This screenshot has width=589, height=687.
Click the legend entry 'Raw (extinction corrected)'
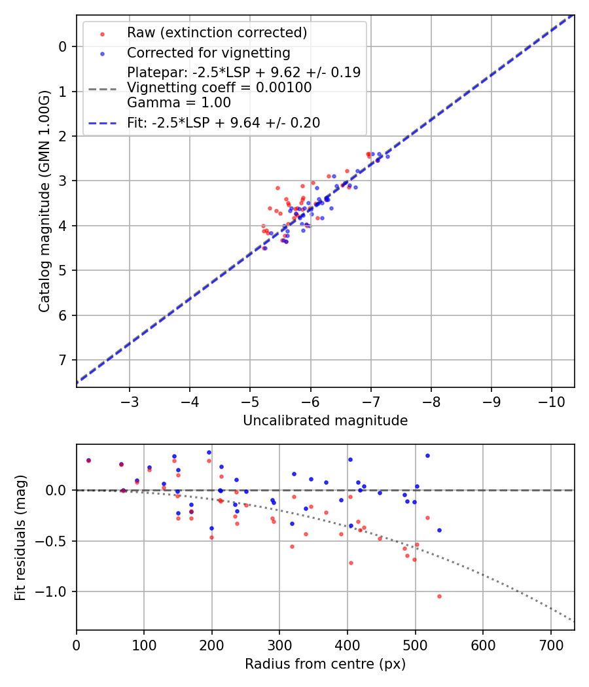(x=217, y=33)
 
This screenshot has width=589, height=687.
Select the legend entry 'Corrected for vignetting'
(x=208, y=52)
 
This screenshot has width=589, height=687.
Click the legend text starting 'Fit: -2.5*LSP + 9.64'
(x=223, y=123)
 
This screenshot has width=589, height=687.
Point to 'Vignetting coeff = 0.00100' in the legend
(x=219, y=88)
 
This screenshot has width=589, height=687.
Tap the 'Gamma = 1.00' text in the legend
(x=179, y=103)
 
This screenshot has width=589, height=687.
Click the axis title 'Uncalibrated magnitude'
(x=325, y=421)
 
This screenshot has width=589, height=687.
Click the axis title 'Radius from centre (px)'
(x=325, y=664)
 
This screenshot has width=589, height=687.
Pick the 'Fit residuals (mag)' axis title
(x=21, y=537)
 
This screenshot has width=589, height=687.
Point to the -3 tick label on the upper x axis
(x=130, y=400)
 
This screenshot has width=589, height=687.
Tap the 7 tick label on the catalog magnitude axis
(x=63, y=361)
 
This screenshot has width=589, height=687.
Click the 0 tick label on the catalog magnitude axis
(x=63, y=46)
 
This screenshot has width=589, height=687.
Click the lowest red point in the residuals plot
(x=439, y=596)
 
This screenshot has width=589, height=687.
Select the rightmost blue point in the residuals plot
(x=439, y=530)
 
